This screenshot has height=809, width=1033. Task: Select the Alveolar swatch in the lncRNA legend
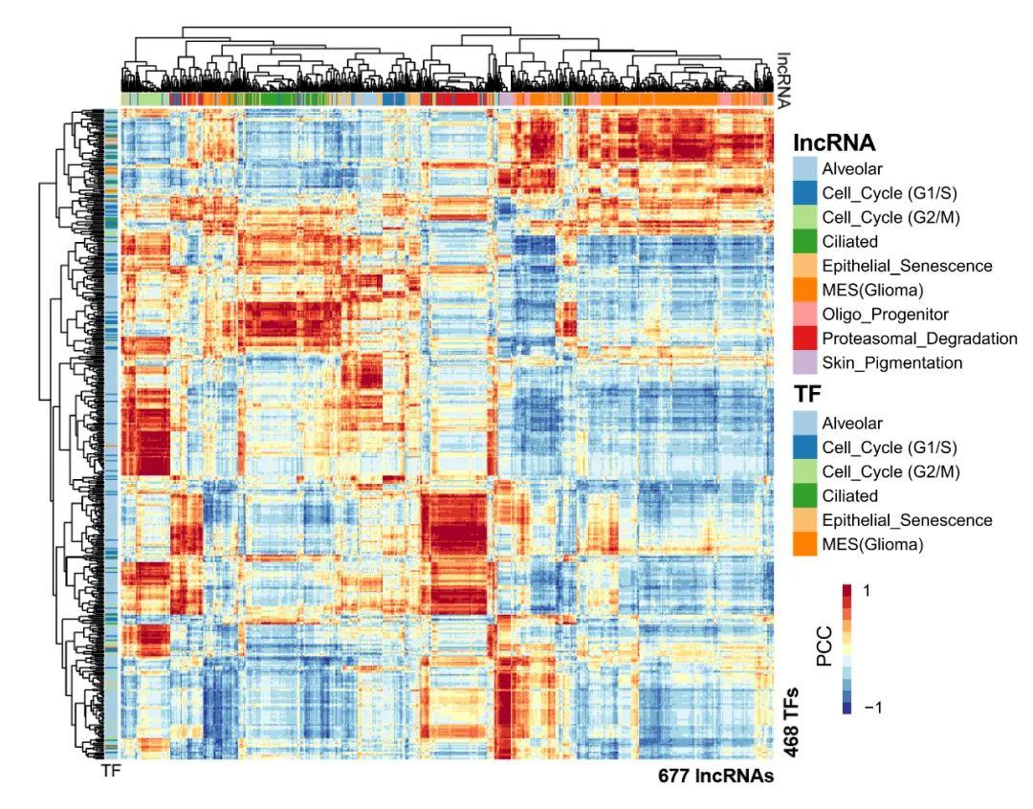point(805,168)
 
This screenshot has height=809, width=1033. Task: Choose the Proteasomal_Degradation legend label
point(919,339)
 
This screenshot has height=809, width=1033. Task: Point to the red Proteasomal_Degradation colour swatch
point(805,339)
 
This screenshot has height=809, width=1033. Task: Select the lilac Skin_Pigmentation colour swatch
point(805,363)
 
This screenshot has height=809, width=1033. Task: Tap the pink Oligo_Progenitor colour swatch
point(805,314)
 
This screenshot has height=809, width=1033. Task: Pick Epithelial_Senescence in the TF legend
point(907,520)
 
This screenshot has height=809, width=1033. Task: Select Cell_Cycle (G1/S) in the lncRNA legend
point(890,192)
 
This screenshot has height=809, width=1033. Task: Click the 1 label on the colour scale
point(868,590)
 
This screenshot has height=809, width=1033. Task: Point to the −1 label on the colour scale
point(871,708)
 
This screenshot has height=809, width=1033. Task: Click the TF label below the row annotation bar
point(112,771)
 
